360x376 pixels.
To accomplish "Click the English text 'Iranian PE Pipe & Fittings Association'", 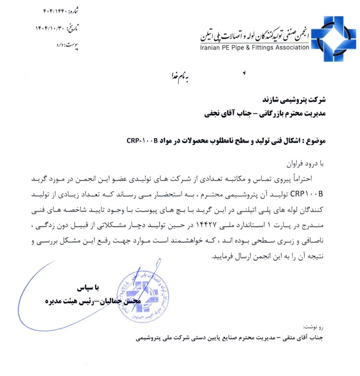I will tap(254, 47).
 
